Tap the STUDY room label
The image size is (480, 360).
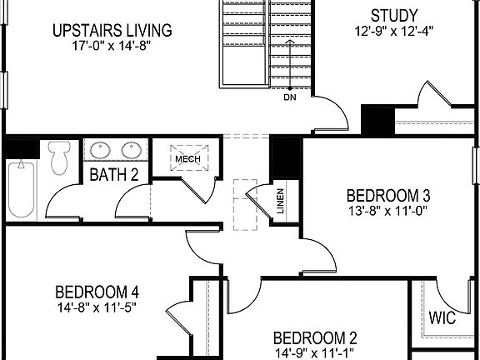click(394, 15)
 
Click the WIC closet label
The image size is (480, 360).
click(441, 318)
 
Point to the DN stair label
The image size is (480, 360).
click(289, 97)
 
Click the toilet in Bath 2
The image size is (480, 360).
click(58, 157)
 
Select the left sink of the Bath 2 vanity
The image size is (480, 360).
click(101, 151)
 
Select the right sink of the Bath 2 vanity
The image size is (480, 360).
click(132, 151)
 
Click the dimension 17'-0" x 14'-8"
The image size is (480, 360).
click(111, 47)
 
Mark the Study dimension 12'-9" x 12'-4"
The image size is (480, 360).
click(393, 32)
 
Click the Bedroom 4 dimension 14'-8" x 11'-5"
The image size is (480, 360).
click(97, 307)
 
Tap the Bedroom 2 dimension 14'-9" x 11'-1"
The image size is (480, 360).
click(316, 352)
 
